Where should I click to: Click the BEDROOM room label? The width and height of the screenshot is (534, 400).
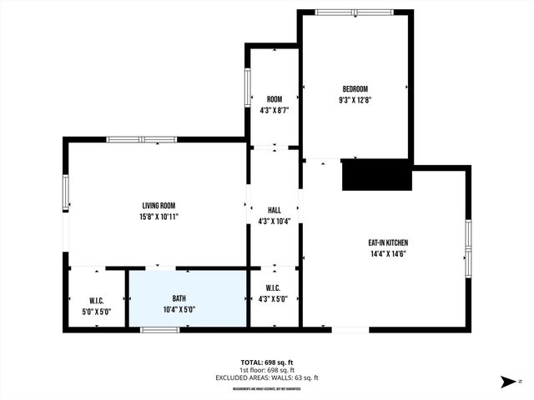click(x=355, y=89)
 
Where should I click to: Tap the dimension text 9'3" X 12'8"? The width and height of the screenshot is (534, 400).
click(x=355, y=99)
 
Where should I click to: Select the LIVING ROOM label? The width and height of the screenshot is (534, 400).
click(x=159, y=206)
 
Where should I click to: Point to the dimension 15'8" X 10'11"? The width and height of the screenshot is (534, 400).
click(x=159, y=216)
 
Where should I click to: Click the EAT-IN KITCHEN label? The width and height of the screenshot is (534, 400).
click(x=388, y=243)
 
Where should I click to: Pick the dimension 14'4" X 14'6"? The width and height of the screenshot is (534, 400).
click(x=388, y=253)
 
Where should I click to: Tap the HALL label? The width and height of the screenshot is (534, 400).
click(x=275, y=211)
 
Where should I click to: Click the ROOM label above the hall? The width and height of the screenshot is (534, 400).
click(x=274, y=99)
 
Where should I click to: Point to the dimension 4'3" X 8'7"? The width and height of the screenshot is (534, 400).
click(x=274, y=110)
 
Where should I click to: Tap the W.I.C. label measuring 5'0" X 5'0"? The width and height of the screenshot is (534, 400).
click(x=96, y=300)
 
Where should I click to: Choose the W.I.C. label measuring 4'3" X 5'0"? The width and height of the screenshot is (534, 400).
click(x=274, y=289)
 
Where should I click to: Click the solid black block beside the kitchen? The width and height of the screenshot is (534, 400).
click(x=377, y=175)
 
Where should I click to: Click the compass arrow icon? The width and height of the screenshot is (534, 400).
click(x=506, y=382)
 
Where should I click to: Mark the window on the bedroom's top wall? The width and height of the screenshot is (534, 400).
click(x=355, y=12)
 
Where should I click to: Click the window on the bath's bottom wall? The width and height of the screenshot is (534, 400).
click(x=159, y=330)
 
